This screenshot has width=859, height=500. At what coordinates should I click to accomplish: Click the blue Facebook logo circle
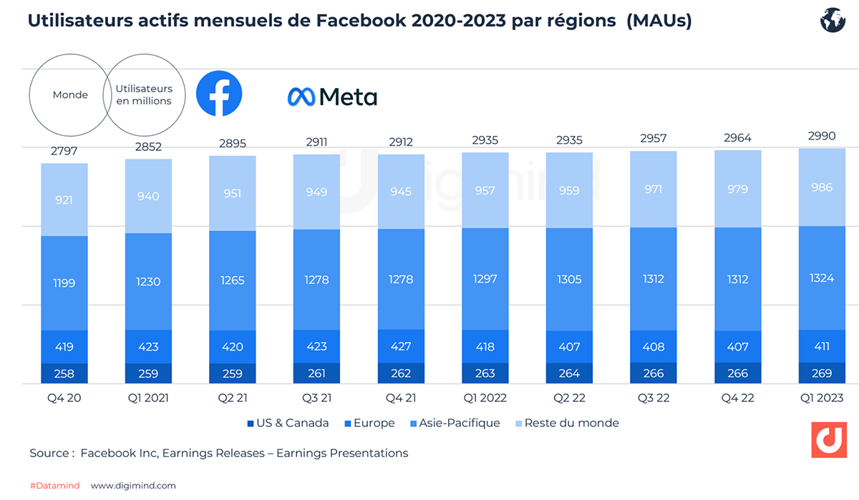click(219, 94)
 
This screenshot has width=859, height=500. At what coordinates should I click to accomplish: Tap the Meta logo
click(332, 96)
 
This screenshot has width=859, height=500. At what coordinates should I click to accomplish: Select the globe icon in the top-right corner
click(833, 21)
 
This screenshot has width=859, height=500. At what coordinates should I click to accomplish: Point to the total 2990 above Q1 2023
click(821, 136)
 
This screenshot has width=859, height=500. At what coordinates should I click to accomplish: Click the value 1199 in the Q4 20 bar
click(64, 283)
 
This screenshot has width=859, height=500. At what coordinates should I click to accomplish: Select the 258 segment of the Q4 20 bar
click(64, 373)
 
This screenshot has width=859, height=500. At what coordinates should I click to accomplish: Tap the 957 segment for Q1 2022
click(485, 192)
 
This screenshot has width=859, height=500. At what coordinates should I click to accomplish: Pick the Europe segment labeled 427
click(401, 346)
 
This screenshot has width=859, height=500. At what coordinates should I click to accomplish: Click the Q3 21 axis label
click(316, 398)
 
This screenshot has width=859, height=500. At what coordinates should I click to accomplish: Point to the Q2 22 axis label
click(569, 398)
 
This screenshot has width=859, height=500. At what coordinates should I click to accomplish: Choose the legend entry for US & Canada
click(288, 423)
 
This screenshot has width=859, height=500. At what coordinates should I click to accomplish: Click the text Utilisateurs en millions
click(145, 94)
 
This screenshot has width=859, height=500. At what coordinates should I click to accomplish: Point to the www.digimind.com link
click(132, 486)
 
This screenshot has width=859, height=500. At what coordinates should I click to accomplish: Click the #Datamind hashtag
click(54, 486)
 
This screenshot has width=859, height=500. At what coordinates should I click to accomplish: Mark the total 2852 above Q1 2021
click(148, 147)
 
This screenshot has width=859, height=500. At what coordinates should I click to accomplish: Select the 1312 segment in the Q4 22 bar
click(737, 279)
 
